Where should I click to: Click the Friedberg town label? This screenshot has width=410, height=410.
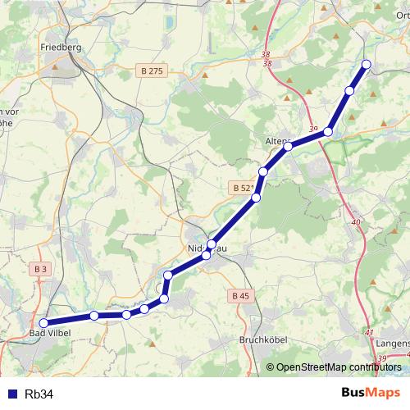click(x=61, y=48)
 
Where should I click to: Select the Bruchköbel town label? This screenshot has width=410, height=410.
click(x=260, y=339)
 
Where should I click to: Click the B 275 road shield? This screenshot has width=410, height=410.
click(x=152, y=71)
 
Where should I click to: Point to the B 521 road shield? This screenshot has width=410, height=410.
click(x=243, y=188)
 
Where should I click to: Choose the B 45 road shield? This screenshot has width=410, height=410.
click(x=240, y=295)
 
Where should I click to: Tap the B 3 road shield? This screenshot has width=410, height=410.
click(x=42, y=268)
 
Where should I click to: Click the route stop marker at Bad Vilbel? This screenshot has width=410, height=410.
click(x=44, y=323)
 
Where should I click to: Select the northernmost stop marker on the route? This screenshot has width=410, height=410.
click(x=366, y=64)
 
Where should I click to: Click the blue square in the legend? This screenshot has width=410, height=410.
click(x=11, y=394)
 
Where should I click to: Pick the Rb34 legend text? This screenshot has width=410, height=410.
click(x=39, y=394)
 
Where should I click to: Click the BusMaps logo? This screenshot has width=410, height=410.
click(x=371, y=394)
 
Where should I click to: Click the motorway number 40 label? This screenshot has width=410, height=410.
click(x=355, y=222)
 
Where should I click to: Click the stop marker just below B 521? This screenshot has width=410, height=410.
click(x=256, y=198)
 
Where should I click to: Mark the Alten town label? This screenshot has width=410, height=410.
click(x=276, y=141)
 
